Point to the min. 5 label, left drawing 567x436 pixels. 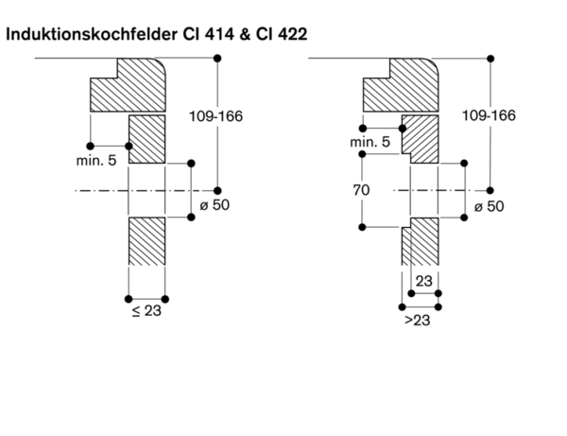(x=96, y=161)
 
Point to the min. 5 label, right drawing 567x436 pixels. (x=369, y=142)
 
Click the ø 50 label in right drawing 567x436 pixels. (x=489, y=206)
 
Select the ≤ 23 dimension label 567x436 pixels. (x=146, y=311)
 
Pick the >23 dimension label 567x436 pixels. (x=420, y=322)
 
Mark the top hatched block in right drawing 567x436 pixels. (x=401, y=87)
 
